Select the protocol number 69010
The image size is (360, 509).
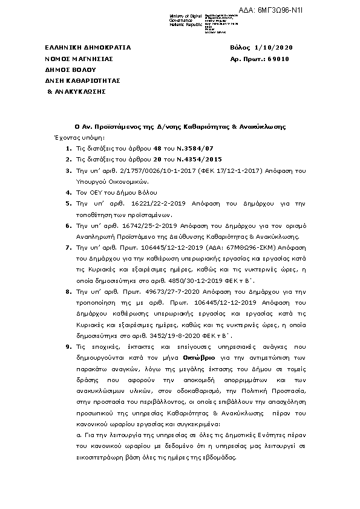click(x=278, y=59)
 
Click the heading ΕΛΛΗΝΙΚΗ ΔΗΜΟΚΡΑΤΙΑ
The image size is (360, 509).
click(x=88, y=48)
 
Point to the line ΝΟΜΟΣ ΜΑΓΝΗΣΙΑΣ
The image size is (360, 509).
click(x=79, y=59)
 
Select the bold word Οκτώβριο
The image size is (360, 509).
click(x=198, y=358)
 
